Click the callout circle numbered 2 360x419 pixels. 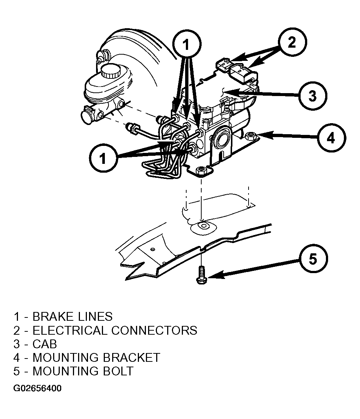click(292, 42)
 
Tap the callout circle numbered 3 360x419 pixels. click(312, 96)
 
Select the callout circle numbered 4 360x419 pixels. click(331, 138)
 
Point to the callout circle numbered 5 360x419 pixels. click(313, 259)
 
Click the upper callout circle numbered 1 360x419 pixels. click(187, 44)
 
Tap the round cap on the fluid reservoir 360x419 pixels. click(111, 70)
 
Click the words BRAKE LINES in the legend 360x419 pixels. click(73, 317)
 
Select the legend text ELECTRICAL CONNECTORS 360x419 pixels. click(115, 331)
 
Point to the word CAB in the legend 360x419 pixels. click(45, 344)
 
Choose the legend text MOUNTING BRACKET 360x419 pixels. click(96, 358)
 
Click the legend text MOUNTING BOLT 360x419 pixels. click(83, 371)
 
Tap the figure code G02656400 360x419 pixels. click(37, 388)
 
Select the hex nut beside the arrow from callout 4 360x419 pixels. click(250, 136)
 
